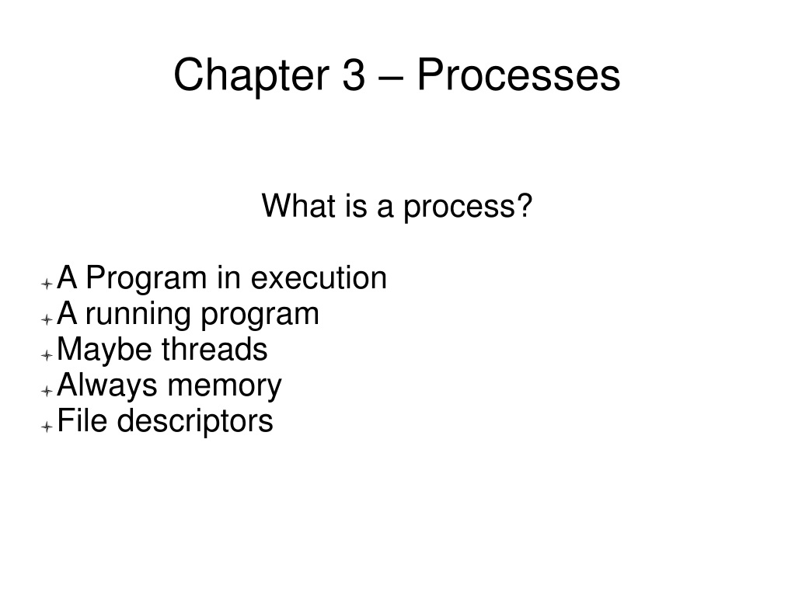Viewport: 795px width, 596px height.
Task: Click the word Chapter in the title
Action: click(x=252, y=75)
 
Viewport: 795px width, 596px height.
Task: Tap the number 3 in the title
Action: click(x=354, y=75)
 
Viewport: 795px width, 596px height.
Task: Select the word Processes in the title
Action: click(x=518, y=75)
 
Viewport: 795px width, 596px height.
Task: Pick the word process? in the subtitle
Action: click(x=468, y=207)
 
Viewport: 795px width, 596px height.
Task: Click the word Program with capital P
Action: click(x=147, y=279)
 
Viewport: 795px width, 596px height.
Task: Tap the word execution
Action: click(x=319, y=277)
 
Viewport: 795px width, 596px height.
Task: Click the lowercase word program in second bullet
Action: click(x=260, y=315)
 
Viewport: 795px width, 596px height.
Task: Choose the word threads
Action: click(x=214, y=349)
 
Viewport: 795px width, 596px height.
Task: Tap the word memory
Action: click(x=224, y=387)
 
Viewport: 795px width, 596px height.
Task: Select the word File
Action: click(x=82, y=420)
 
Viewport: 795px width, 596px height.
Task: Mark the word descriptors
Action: click(x=195, y=421)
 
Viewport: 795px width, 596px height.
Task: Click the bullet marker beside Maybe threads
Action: click(x=47, y=355)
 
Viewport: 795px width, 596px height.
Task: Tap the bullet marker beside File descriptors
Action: click(x=47, y=427)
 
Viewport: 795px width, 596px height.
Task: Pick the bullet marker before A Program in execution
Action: click(x=47, y=284)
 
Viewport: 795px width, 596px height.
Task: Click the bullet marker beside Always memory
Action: click(x=47, y=391)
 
